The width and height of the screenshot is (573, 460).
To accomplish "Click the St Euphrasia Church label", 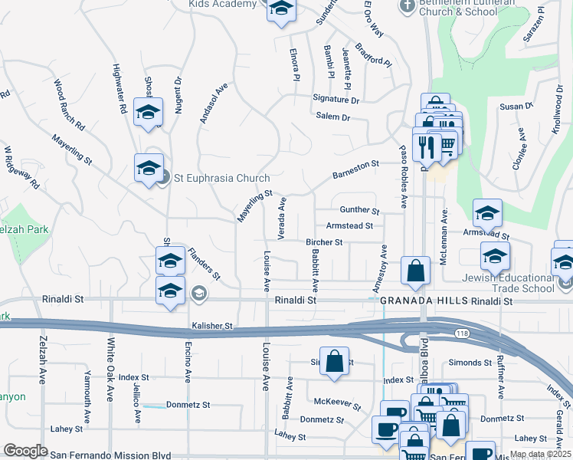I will click(x=221, y=179).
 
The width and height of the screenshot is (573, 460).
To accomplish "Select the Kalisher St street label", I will click(x=211, y=326).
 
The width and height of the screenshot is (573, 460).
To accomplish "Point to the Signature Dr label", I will click(x=336, y=100).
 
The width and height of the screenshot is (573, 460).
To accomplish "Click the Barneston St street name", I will click(x=355, y=169).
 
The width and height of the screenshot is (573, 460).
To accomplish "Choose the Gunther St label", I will click(x=359, y=210).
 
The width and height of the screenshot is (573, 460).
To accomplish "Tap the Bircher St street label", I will click(x=323, y=242).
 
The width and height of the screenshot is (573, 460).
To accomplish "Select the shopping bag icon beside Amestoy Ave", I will click(x=415, y=272).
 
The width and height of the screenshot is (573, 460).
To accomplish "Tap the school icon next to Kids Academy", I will click(x=281, y=10).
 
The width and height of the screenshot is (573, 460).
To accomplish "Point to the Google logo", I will click(x=25, y=451).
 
